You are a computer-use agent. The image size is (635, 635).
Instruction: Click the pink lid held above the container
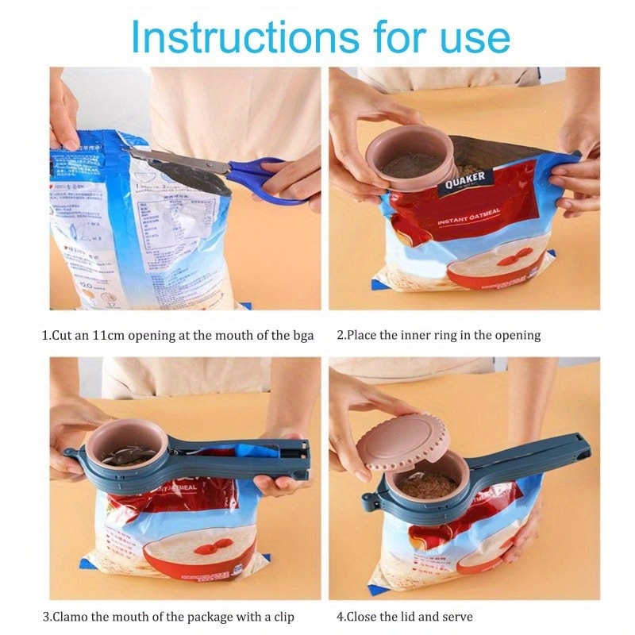(x=402, y=441)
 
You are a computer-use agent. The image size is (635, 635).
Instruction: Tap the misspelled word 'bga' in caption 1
(x=302, y=335)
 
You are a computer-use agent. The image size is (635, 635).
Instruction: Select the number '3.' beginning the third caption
(x=47, y=616)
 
